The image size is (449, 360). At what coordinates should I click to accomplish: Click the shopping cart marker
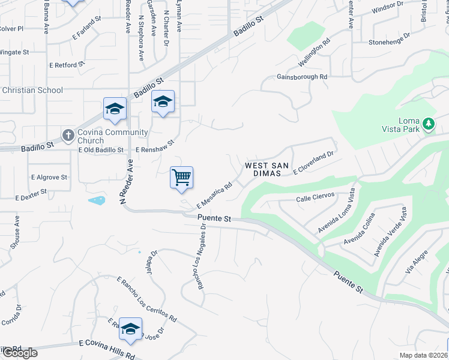click(x=181, y=178)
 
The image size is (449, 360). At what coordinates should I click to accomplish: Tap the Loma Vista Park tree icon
click(x=428, y=124)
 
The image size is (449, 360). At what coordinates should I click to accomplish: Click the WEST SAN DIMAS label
click(x=267, y=170)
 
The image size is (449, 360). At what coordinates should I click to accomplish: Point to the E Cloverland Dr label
click(x=313, y=163)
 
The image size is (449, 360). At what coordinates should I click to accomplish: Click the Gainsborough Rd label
click(x=302, y=77)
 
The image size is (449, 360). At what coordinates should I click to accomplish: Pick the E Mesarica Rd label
click(x=214, y=195)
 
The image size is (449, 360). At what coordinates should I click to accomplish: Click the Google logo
click(x=19, y=353)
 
